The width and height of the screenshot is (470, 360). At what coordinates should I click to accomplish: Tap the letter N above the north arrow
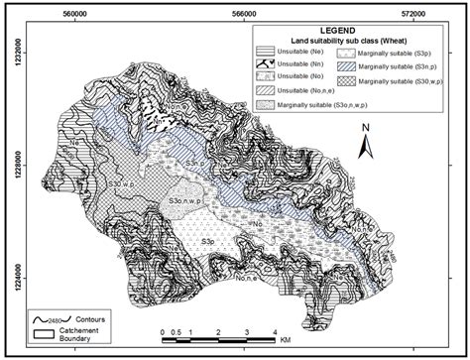(x=365, y=128)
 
